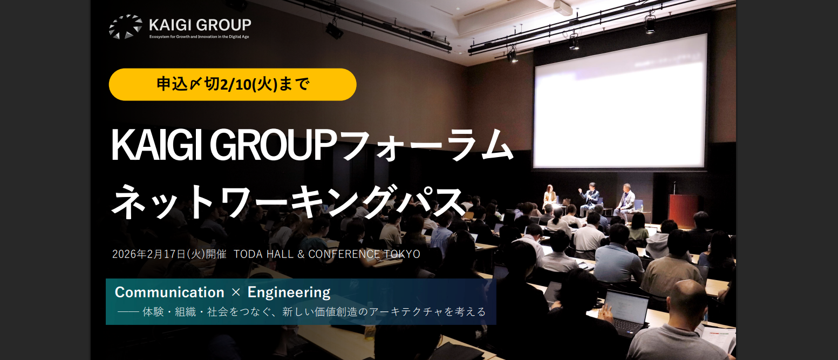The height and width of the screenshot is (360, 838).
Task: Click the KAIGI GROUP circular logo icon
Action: coord(125,27)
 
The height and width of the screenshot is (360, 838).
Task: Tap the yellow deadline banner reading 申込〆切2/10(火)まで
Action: coord(233,85)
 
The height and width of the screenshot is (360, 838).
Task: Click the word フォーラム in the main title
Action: coord(426,145)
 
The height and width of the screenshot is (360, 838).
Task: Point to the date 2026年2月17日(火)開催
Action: coord(169,254)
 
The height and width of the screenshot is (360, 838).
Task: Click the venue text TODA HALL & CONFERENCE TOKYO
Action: coord(327,254)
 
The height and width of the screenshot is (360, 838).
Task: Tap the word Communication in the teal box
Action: coord(169,293)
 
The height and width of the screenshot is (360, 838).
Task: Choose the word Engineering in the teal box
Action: coord(289,293)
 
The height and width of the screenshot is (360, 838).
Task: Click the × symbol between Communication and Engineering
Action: coord(235,293)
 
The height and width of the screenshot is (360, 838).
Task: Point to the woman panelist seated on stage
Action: coord(549,195)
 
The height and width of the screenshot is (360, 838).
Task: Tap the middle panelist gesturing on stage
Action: coord(589,197)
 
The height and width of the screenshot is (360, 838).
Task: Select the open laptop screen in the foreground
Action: coord(626,307)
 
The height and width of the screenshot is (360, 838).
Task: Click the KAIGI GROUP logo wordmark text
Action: coord(200,25)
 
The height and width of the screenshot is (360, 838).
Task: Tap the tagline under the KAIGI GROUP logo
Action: coord(199,37)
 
